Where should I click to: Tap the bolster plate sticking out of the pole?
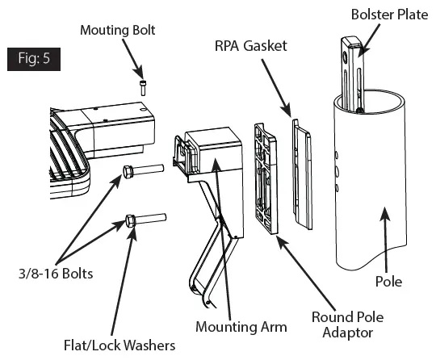(x=353, y=69)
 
